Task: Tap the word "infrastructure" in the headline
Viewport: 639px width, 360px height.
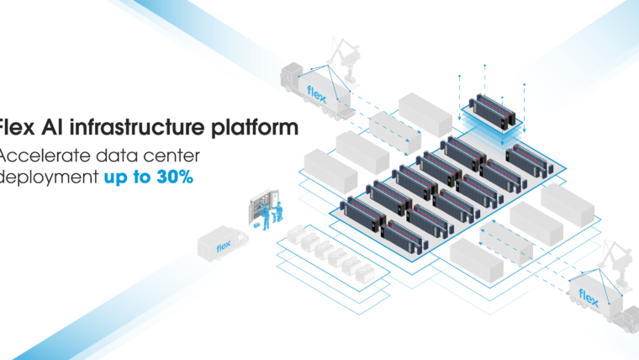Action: click(x=139, y=129)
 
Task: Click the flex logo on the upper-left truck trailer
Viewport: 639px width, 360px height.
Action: click(x=316, y=92)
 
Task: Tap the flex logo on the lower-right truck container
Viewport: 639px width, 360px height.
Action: click(x=589, y=299)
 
